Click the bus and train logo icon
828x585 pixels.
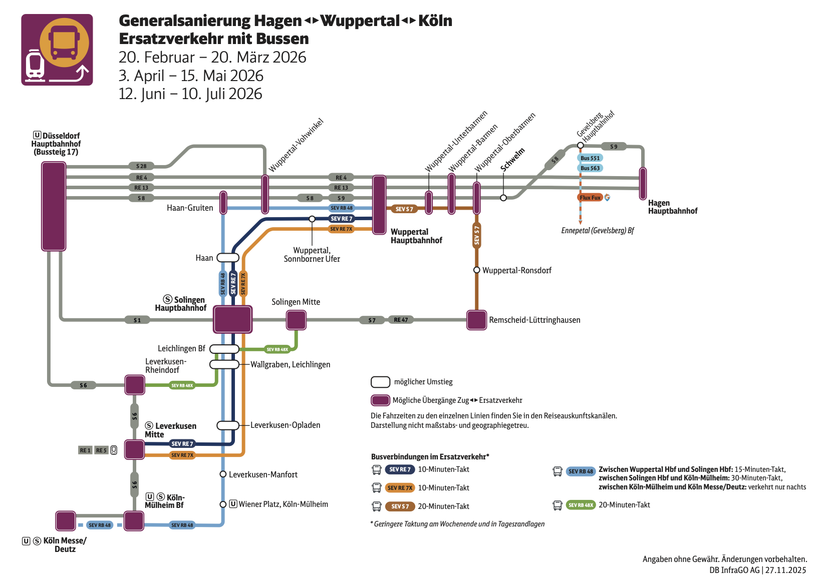57,50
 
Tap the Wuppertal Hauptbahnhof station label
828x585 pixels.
416,236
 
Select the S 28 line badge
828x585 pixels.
141,166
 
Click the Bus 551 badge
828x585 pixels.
590,158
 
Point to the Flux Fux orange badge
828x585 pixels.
590,198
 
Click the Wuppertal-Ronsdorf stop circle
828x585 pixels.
477,270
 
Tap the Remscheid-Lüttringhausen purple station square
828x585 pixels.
476,320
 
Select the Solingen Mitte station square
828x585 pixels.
296,320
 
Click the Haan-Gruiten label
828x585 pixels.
190,208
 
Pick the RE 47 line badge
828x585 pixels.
401,320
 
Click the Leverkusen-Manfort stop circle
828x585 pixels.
223,474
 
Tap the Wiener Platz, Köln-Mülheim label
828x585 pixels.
283,504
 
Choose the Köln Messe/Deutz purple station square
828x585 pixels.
66,521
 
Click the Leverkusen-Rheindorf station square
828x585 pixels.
135,385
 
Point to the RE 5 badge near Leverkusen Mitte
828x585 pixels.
101,450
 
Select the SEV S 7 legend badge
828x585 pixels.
400,506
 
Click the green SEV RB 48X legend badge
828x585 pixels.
581,505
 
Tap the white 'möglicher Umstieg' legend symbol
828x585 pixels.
380,382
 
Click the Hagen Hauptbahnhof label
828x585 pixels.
672,207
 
